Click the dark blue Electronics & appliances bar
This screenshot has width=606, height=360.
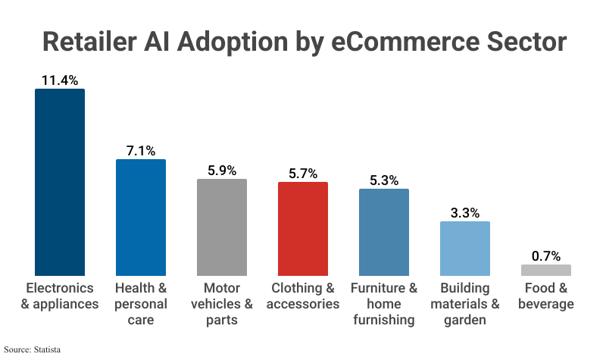(x=60, y=182)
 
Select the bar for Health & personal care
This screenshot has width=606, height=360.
(x=141, y=217)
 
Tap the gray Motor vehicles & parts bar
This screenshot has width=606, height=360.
(x=222, y=227)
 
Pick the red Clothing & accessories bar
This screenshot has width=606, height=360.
(x=303, y=228)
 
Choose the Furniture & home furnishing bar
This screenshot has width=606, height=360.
(x=384, y=232)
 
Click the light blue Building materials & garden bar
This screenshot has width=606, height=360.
(x=465, y=248)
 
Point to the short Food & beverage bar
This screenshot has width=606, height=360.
(x=545, y=270)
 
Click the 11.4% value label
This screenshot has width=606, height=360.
(x=60, y=79)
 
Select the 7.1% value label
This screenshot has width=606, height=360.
(x=141, y=150)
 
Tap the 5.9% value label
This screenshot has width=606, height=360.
(x=222, y=170)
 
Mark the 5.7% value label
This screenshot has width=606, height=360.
(x=303, y=173)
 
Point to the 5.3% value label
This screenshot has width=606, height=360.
(x=384, y=180)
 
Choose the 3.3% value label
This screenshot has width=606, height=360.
(x=465, y=212)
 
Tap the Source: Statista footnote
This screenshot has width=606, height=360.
(x=32, y=349)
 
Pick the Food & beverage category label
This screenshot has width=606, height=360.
(x=545, y=296)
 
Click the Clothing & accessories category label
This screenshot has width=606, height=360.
(x=303, y=296)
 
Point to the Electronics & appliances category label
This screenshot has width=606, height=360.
(x=60, y=296)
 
